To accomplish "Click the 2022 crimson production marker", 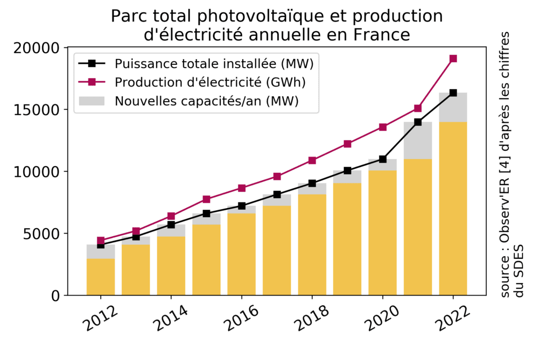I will click(x=453, y=59).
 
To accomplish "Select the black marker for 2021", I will click(x=418, y=122).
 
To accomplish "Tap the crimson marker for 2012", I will click(x=101, y=240).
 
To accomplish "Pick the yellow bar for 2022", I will click(x=453, y=208).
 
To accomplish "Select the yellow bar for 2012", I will click(x=101, y=277).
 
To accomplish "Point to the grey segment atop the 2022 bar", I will click(x=453, y=108).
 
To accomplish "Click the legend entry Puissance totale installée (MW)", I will click(x=214, y=64).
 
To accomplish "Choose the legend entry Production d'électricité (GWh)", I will click(x=210, y=82).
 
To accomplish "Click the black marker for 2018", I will click(x=312, y=183).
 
